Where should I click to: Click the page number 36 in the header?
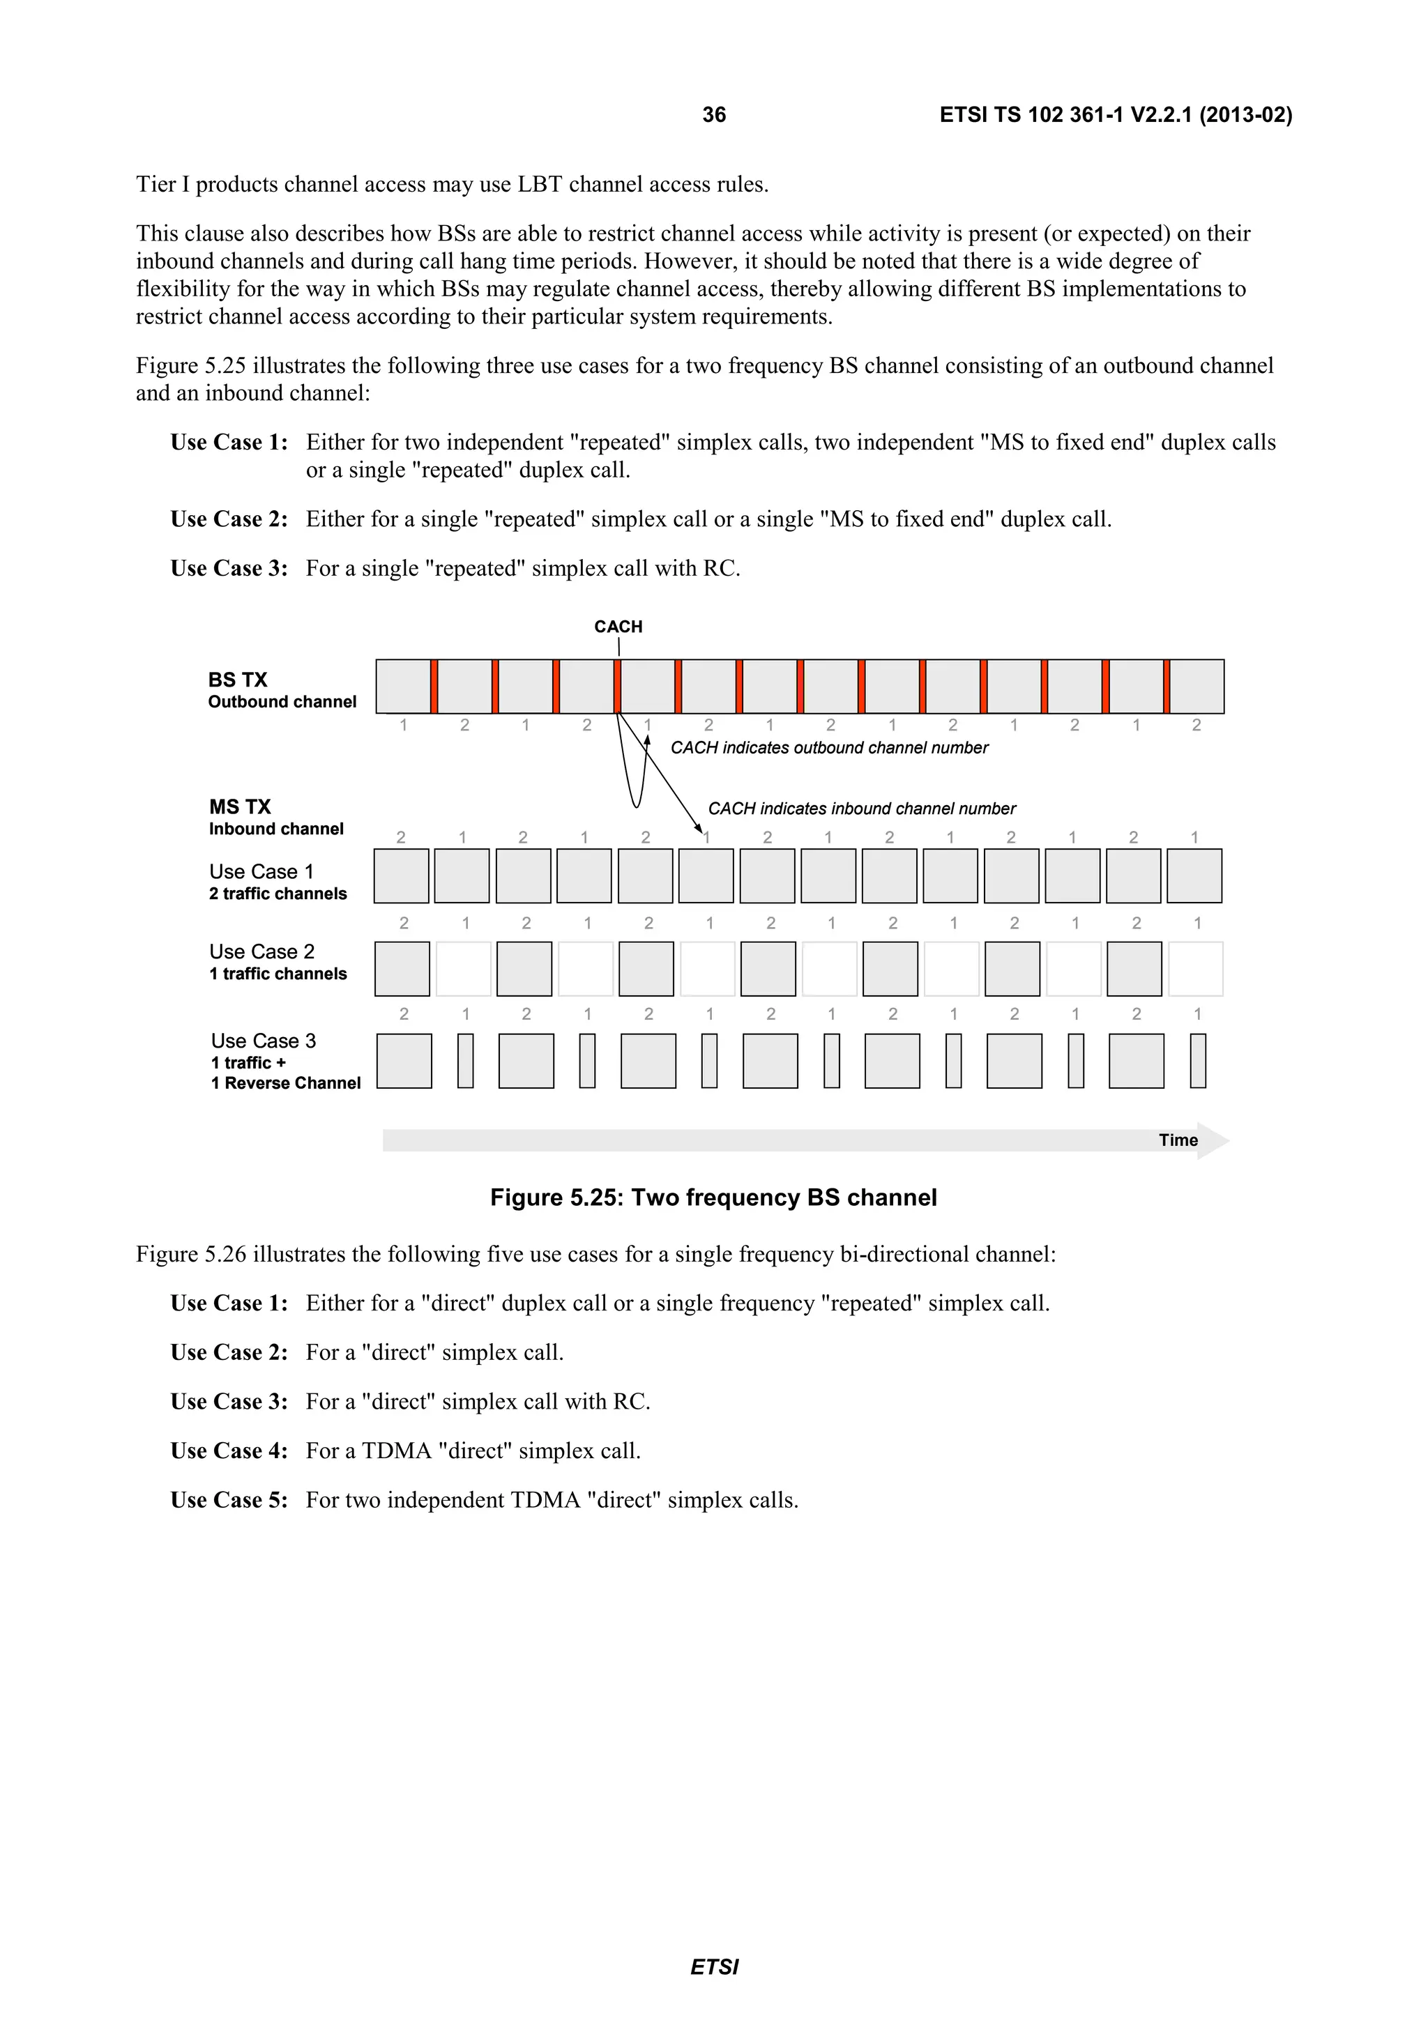[x=713, y=114]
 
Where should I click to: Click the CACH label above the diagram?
[x=618, y=627]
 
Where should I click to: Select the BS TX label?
[x=238, y=679]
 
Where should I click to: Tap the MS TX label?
[x=239, y=806]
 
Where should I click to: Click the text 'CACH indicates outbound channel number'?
[x=829, y=747]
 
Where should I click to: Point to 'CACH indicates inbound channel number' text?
[x=861, y=808]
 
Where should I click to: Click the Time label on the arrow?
[x=1177, y=1140]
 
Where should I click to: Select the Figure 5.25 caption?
[x=713, y=1198]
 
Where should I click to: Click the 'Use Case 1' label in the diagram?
[x=261, y=871]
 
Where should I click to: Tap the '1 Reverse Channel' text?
[x=285, y=1083]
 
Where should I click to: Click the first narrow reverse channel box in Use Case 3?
[x=466, y=1061]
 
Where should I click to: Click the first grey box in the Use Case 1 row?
[x=401, y=876]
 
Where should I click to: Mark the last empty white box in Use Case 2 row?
[x=1196, y=969]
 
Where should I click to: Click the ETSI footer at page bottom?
[x=713, y=1966]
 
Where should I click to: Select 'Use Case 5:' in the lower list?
[x=229, y=1500]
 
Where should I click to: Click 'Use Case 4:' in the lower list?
[x=229, y=1451]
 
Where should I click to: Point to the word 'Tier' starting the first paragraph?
[x=155, y=185]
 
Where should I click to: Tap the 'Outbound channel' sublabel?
[x=282, y=701]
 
